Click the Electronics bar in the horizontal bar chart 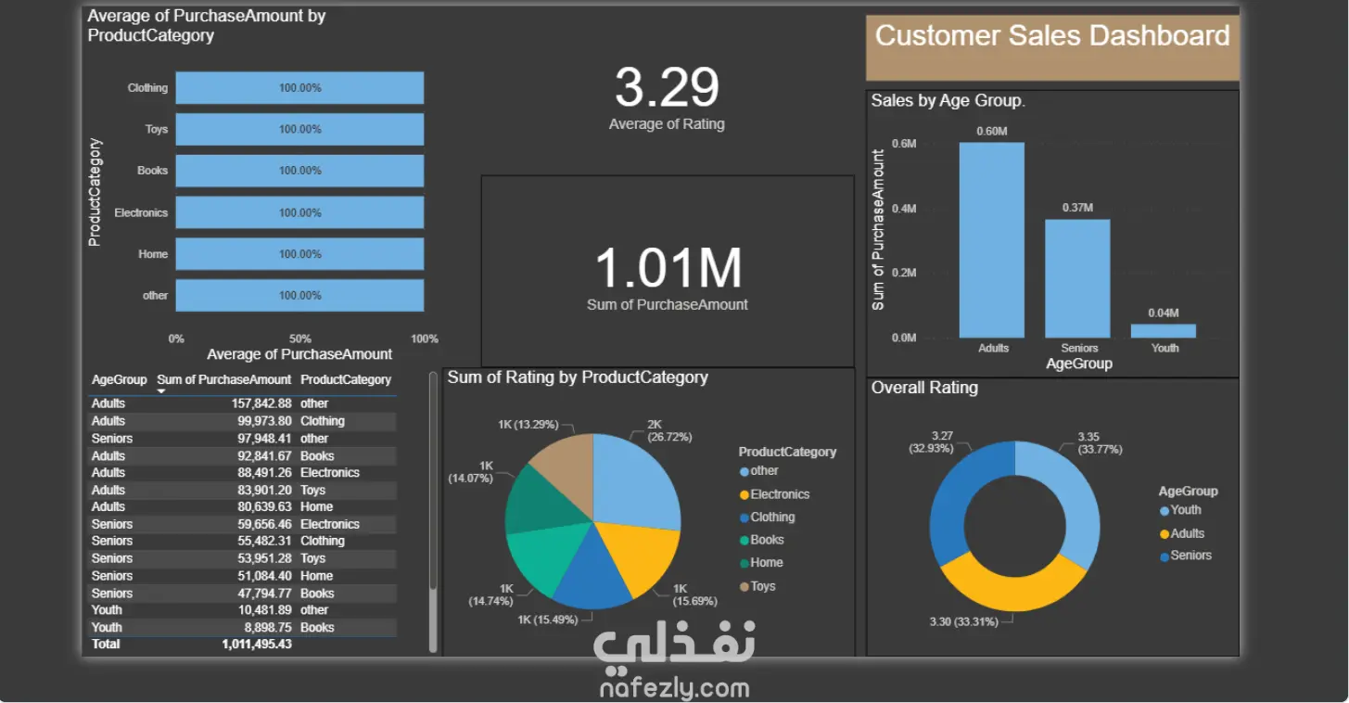point(299,212)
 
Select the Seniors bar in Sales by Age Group point(1077,278)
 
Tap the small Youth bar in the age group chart point(1163,331)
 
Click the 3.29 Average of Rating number point(667,87)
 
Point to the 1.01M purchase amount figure point(668,267)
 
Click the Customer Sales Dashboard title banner point(1052,47)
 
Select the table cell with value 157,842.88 point(261,403)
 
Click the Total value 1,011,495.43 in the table point(257,644)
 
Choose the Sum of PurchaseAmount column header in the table point(223,379)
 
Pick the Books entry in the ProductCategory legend point(761,540)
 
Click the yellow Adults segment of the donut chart point(1013,592)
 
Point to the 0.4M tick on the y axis point(904,209)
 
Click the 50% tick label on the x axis point(299,339)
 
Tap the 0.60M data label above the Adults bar point(992,131)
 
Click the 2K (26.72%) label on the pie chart point(669,430)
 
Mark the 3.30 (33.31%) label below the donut point(963,621)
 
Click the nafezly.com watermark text point(675,687)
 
